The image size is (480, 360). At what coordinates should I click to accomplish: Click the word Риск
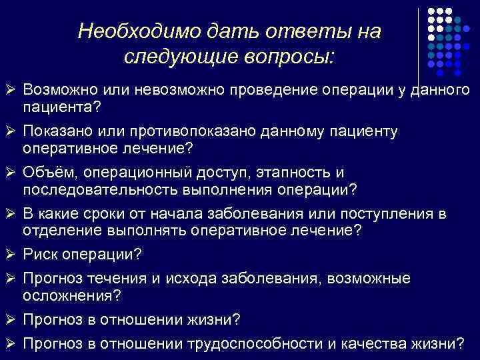click(x=39, y=255)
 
